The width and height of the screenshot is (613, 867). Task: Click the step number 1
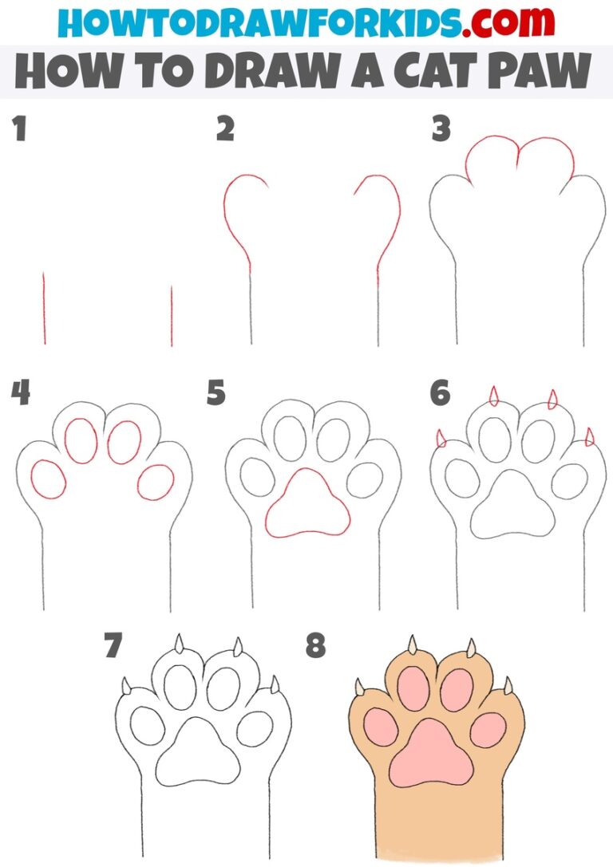[18, 129]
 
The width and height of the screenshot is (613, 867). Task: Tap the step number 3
[441, 129]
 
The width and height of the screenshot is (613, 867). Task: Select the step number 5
[216, 393]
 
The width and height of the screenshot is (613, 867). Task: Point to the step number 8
[316, 646]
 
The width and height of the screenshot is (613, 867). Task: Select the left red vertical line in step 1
[44, 309]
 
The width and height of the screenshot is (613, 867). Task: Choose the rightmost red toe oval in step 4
[156, 482]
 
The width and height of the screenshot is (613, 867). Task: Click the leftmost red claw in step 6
[440, 438]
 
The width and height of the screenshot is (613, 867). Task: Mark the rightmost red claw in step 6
[590, 437]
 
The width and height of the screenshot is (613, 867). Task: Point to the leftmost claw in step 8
[360, 687]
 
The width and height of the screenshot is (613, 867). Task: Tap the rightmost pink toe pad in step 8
[488, 730]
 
